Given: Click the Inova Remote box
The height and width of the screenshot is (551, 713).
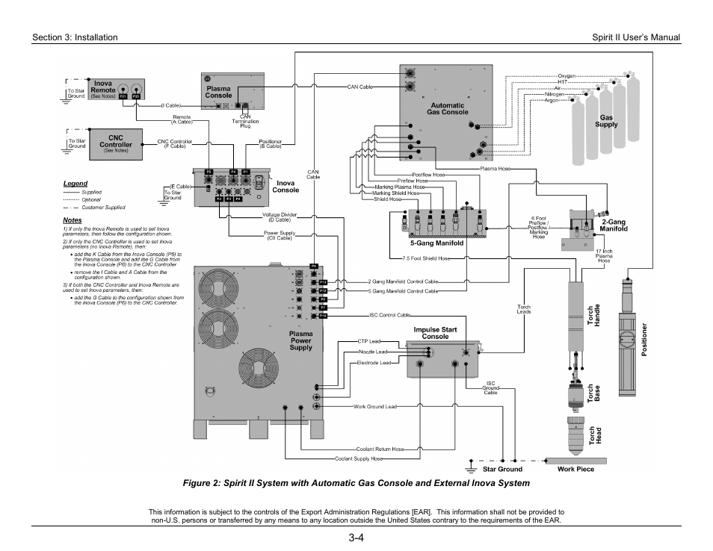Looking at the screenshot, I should (x=117, y=90).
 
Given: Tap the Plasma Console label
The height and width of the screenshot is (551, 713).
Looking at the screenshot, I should (x=218, y=92).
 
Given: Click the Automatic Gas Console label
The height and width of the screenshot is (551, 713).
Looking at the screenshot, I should (x=447, y=108).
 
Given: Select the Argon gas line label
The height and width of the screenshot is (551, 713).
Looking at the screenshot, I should (x=552, y=100).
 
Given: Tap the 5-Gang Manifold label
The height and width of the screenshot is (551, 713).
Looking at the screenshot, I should (x=436, y=243).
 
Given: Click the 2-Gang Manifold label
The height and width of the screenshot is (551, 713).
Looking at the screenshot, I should (x=614, y=225).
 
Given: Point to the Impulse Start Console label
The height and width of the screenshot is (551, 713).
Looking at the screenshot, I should (x=435, y=332).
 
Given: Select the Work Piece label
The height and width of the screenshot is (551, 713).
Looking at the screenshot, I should (x=575, y=469).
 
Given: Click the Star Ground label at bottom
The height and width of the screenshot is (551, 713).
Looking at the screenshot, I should (x=502, y=469).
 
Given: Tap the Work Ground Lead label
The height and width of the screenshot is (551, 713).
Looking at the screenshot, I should (x=375, y=406).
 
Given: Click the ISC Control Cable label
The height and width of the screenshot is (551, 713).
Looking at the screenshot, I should (x=389, y=315).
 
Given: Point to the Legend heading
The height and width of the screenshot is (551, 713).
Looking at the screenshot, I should (x=75, y=184).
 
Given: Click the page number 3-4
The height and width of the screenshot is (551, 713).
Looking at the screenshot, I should (x=356, y=538).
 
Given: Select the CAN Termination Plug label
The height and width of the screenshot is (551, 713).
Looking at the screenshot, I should (x=244, y=121).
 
